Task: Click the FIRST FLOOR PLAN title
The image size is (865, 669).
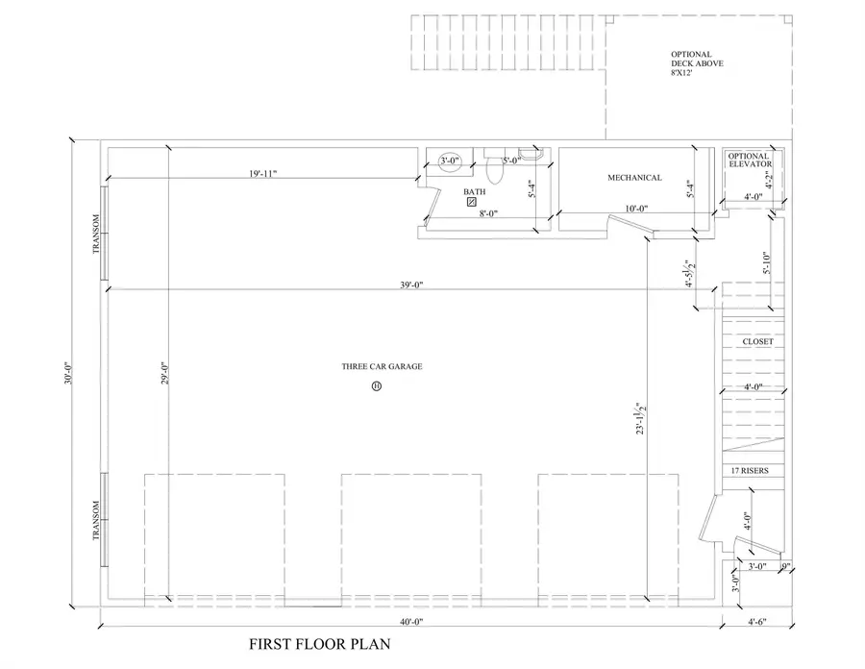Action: [x=320, y=644]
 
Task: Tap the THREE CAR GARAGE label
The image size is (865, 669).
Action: [x=382, y=366]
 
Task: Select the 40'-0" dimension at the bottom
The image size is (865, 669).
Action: [x=410, y=622]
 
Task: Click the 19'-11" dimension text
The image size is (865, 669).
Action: [x=261, y=174]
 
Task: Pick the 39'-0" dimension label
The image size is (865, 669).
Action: [x=411, y=285]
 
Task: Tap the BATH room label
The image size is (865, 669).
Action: [x=474, y=191]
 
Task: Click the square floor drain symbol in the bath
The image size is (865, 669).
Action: [x=472, y=203]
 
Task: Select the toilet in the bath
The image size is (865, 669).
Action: [x=496, y=171]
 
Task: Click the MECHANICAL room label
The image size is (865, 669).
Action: [x=634, y=178]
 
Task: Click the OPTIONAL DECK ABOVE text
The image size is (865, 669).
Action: [x=697, y=63]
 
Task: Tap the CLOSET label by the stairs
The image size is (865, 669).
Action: [x=757, y=342]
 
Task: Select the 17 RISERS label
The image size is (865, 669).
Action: [x=754, y=470]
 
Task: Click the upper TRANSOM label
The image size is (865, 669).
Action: [x=96, y=234]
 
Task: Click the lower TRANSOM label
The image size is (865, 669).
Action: [x=96, y=520]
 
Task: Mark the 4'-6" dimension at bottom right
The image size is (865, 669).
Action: [x=759, y=622]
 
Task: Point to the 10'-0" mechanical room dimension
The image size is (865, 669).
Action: [x=635, y=209]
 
